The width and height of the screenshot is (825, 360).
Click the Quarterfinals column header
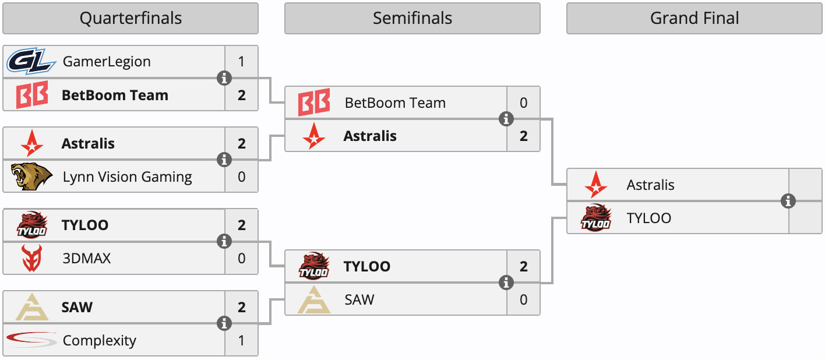131,19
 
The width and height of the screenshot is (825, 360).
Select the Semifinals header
412,19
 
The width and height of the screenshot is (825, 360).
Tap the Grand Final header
694,19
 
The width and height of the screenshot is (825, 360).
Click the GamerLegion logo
31,61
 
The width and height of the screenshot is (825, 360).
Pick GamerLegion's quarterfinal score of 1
241,62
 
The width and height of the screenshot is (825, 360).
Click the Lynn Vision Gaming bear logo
31,177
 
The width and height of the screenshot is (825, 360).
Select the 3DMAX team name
87,259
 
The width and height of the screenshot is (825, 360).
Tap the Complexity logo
31,340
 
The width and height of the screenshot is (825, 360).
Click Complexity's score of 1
241,341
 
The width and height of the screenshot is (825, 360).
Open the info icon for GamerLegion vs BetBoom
224,78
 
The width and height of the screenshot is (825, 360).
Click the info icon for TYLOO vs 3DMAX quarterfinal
224,242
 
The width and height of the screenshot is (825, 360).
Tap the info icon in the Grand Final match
788,201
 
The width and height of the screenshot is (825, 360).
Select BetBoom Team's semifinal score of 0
523,103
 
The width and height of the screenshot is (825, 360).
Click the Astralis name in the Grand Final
650,185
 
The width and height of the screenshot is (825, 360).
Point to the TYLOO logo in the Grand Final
596,217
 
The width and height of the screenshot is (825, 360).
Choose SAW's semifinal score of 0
523,299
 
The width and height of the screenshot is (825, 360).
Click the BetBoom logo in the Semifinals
314,103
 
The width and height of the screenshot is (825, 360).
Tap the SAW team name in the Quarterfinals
77,307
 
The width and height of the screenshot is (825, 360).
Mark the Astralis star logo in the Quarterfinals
32,143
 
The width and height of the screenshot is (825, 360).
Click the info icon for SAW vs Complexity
224,323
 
